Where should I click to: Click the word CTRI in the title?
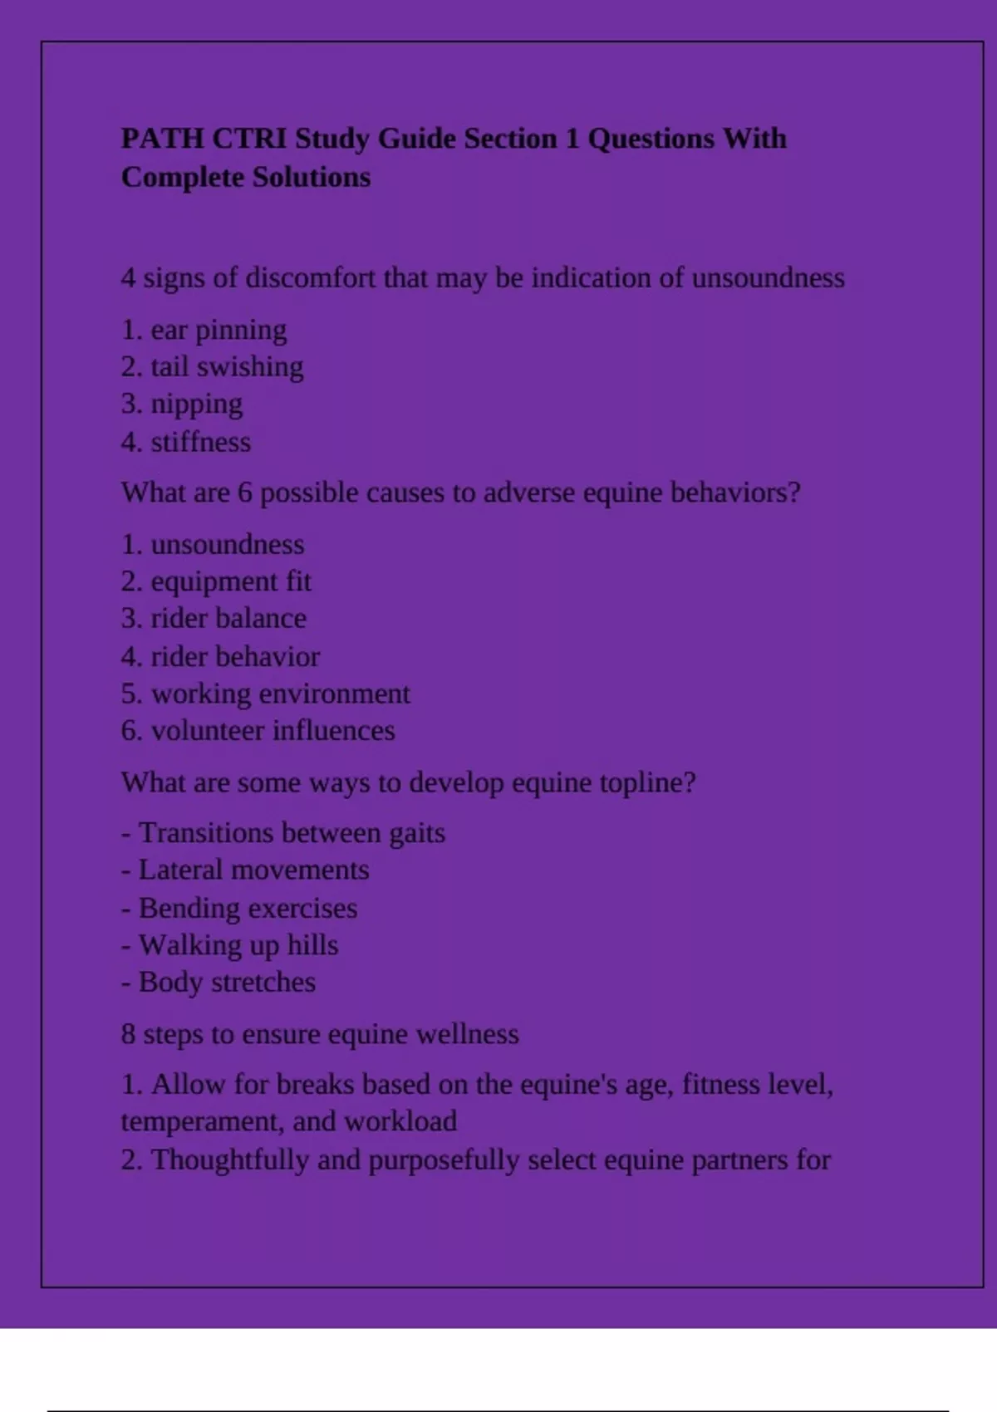(248, 138)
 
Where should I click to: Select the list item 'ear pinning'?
(218, 330)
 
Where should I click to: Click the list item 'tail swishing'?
(226, 367)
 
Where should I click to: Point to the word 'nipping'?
(196, 404)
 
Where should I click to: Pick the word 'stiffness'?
(200, 442)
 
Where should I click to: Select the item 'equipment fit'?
(230, 581)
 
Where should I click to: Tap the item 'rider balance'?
(228, 619)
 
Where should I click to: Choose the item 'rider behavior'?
(234, 657)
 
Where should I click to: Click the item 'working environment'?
(280, 694)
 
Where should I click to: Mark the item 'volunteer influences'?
(273, 731)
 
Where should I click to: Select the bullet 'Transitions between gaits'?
(291, 833)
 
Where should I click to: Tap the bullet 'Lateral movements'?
(253, 870)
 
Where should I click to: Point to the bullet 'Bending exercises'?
(248, 908)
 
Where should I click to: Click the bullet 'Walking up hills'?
(238, 945)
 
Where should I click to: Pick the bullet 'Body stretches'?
(227, 983)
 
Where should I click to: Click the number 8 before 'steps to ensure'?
(128, 1034)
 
